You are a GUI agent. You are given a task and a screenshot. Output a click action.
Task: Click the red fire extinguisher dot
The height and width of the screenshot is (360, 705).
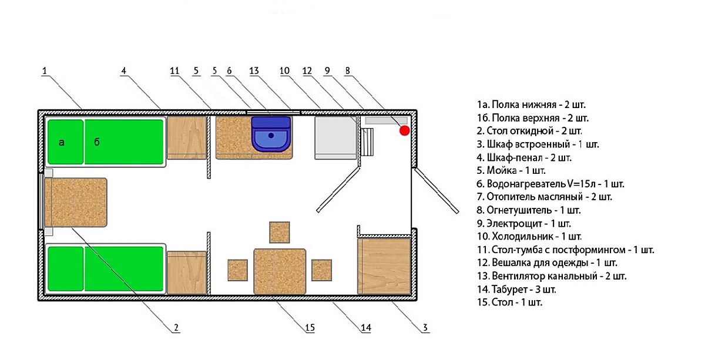pyautogui.click(x=404, y=130)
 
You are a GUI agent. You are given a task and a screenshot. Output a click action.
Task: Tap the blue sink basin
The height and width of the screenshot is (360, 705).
pyautogui.click(x=271, y=134)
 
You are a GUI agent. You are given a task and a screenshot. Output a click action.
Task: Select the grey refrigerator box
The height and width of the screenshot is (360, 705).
pyautogui.click(x=335, y=138)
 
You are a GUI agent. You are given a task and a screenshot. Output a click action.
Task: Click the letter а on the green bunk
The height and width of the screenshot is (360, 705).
pyautogui.click(x=62, y=143)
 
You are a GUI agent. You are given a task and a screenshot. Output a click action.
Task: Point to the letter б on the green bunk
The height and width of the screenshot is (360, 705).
pyautogui.click(x=97, y=142)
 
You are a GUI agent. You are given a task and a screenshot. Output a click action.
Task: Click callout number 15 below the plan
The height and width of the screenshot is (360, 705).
pyautogui.click(x=310, y=328)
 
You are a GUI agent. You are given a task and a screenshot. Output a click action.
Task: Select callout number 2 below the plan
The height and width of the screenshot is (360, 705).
pyautogui.click(x=176, y=328)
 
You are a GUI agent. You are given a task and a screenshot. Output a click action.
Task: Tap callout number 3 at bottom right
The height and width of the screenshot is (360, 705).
pyautogui.click(x=425, y=328)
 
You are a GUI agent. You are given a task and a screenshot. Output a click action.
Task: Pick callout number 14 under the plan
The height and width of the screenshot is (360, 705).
pyautogui.click(x=366, y=328)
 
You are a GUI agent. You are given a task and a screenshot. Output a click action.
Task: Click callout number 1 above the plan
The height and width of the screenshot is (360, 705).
pyautogui.click(x=45, y=71)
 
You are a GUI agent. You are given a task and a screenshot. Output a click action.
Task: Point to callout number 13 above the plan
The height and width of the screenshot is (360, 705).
pyautogui.click(x=254, y=71)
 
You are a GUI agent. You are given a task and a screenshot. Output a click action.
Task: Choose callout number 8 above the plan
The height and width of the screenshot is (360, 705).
pyautogui.click(x=347, y=71)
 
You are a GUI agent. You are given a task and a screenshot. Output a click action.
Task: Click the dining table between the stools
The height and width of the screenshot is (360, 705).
pyautogui.click(x=280, y=271)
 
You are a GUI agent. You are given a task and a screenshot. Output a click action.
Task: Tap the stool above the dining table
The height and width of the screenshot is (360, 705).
pyautogui.click(x=280, y=232)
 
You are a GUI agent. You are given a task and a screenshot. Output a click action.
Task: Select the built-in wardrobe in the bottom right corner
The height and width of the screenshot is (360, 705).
pyautogui.click(x=384, y=266)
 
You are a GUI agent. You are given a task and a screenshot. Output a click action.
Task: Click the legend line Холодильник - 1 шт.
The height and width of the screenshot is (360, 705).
pyautogui.click(x=529, y=236)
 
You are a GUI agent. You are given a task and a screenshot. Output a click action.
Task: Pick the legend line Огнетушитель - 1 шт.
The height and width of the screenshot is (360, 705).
pyautogui.click(x=529, y=210)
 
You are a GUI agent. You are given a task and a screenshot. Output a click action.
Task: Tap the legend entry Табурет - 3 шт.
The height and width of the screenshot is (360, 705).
pyautogui.click(x=516, y=289)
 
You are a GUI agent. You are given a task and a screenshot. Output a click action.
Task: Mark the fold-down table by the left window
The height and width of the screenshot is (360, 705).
pyautogui.click(x=76, y=203)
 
